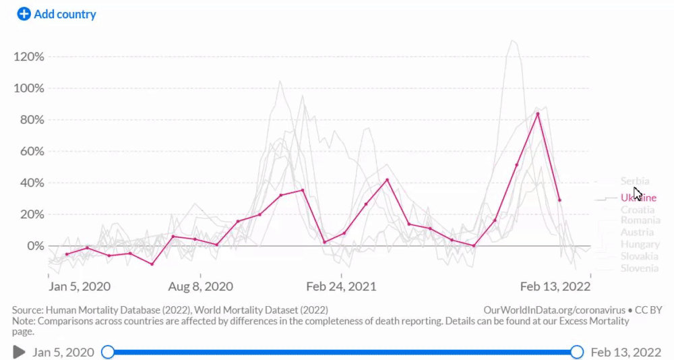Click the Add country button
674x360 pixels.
[57, 14]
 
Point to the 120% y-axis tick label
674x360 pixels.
[29, 57]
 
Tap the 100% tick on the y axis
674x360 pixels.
[29, 88]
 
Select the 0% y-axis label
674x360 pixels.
[34, 246]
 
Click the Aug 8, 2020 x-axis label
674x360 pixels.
[201, 287]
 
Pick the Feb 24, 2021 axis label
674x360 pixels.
[341, 287]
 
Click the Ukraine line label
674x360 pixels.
[638, 198]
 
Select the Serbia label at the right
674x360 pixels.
[635, 181]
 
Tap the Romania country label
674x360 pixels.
[640, 220]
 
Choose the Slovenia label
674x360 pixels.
[639, 268]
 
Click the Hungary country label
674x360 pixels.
[640, 244]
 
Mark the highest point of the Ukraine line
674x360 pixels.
[538, 113]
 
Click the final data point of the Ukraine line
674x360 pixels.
[559, 200]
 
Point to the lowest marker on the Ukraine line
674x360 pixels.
[152, 264]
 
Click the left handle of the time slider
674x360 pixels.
[107, 352]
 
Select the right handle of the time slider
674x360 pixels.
[576, 352]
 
